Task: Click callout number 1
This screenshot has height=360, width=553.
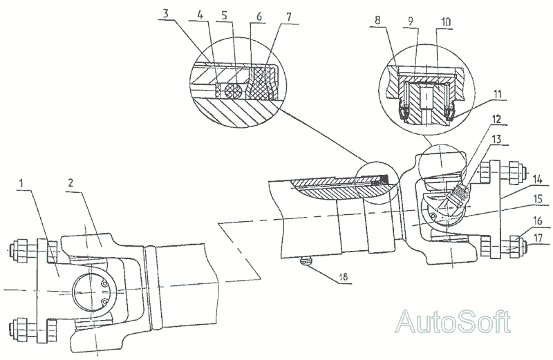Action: tap(21, 183)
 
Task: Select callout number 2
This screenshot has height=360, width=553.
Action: tap(71, 183)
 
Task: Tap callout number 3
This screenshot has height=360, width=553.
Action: tap(166, 14)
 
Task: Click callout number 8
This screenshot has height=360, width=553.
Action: tap(377, 20)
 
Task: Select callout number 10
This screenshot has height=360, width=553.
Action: tap(446, 22)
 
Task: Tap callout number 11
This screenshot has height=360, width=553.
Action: tap(497, 95)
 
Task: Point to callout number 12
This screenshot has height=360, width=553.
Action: tap(496, 119)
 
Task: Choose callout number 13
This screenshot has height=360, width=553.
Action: tap(496, 140)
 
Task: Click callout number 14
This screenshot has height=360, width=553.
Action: tap(538, 180)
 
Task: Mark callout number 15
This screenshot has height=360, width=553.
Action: tap(538, 199)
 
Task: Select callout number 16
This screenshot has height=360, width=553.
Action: tap(538, 221)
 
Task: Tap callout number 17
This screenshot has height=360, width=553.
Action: tap(538, 239)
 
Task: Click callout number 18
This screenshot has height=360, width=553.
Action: tap(343, 277)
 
